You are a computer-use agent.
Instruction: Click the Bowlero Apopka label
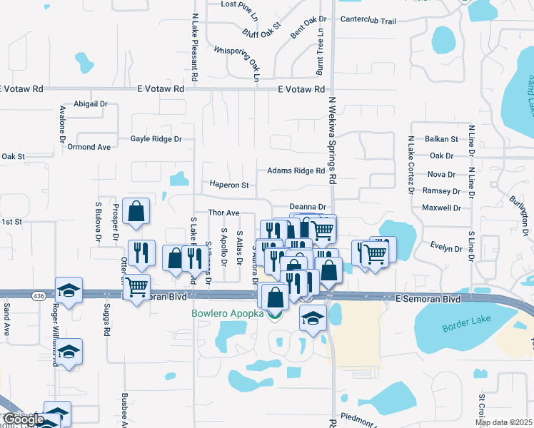tap(227, 313)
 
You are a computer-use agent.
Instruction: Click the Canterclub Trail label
tap(368, 21)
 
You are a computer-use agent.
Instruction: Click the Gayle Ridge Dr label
tap(156, 139)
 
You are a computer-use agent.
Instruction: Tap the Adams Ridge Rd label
tap(296, 171)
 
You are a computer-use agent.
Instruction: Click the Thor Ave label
tap(223, 213)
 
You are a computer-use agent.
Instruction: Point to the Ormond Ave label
tap(89, 147)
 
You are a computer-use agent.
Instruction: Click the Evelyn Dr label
tap(447, 248)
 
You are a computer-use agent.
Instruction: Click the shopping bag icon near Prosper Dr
tap(136, 211)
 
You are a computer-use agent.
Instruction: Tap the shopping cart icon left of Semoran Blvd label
tap(136, 288)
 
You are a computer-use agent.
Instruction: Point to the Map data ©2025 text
tap(503, 422)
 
